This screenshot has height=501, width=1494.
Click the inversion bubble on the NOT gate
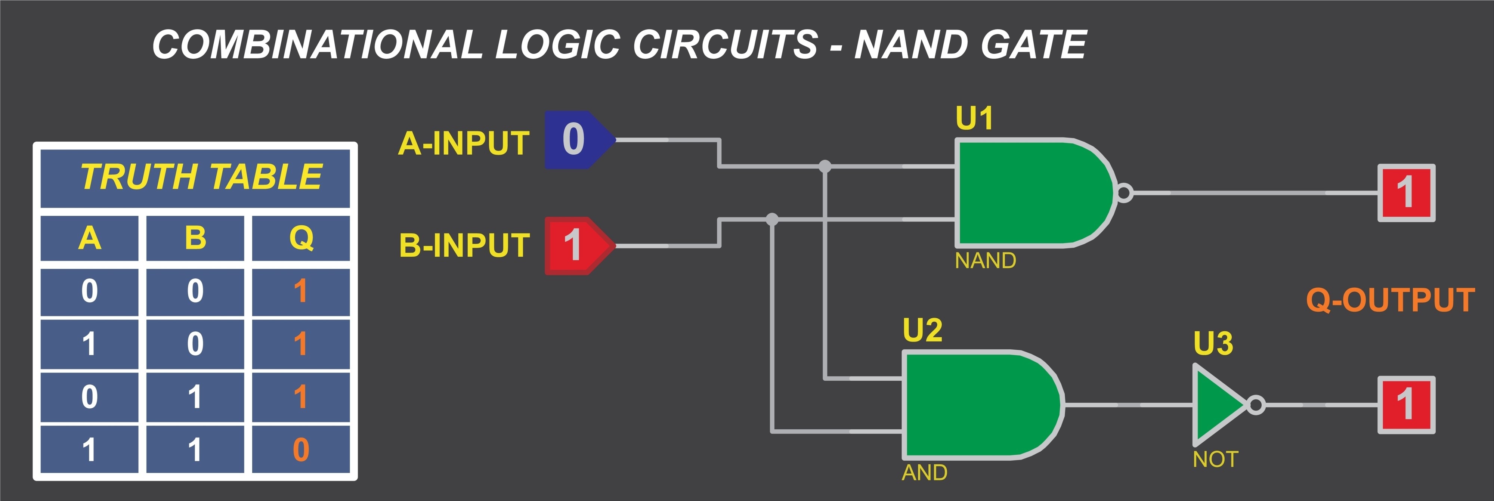point(1256,405)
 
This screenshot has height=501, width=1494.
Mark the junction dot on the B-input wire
point(772,219)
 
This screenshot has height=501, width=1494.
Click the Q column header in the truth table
point(301,238)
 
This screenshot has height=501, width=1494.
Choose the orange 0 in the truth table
point(301,449)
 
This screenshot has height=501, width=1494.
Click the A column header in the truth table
point(89,238)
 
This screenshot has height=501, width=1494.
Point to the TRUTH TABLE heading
point(201,176)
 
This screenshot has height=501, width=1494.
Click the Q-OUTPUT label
point(1390,300)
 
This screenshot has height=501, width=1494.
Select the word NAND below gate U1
point(986,260)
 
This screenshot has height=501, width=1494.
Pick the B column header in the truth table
point(195,238)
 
